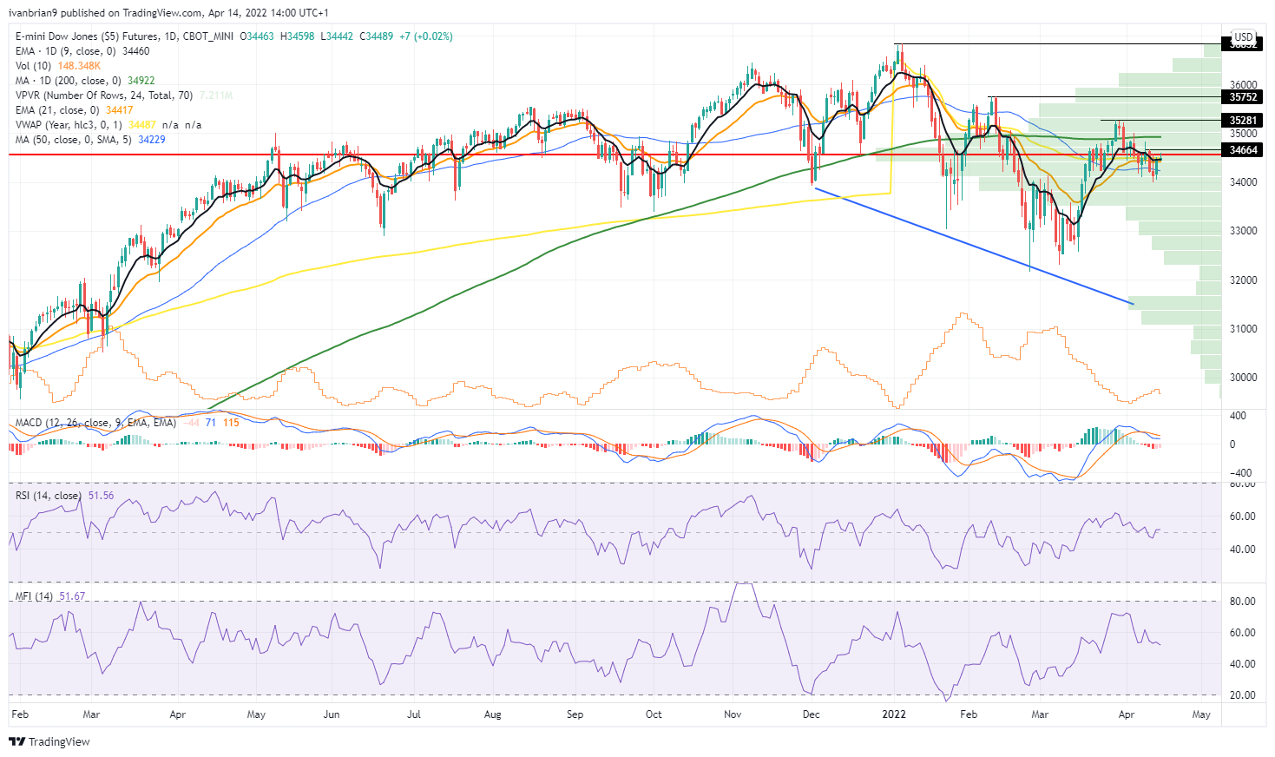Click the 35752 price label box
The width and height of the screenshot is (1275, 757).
pyautogui.click(x=1242, y=97)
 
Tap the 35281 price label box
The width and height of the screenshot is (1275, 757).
pyautogui.click(x=1242, y=121)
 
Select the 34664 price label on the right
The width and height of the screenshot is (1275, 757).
pyautogui.click(x=1242, y=150)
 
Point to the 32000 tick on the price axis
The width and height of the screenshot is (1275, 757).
pyautogui.click(x=1243, y=280)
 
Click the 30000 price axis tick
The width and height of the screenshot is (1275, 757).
pyautogui.click(x=1243, y=378)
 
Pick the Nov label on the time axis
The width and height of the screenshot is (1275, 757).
pyautogui.click(x=733, y=714)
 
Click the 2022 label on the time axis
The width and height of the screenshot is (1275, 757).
pyautogui.click(x=893, y=714)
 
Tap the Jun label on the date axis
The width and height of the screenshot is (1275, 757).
pyautogui.click(x=331, y=714)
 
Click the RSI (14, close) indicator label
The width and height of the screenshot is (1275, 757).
pyautogui.click(x=49, y=496)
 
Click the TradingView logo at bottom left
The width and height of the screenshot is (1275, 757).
pyautogui.click(x=49, y=741)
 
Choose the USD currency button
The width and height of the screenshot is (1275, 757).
pyautogui.click(x=1244, y=37)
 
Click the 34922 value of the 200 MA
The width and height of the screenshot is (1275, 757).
pyautogui.click(x=141, y=81)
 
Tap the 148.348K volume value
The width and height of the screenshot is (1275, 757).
pyautogui.click(x=80, y=66)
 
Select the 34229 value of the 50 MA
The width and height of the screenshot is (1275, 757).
pyautogui.click(x=151, y=140)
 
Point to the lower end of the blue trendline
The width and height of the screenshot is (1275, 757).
pyautogui.click(x=1133, y=304)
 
